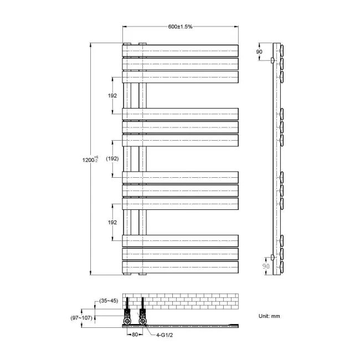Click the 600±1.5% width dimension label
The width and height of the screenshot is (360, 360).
pyautogui.click(x=181, y=27)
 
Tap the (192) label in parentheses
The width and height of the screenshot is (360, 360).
pyautogui.click(x=112, y=158)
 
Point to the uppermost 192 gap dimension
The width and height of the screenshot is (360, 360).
pyautogui.click(x=112, y=95)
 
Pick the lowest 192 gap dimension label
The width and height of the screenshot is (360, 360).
pyautogui.click(x=112, y=222)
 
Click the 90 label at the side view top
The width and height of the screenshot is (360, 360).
pyautogui.click(x=259, y=52)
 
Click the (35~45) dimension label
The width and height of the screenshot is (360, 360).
pyautogui.click(x=110, y=301)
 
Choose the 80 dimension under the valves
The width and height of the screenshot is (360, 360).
pyautogui.click(x=134, y=335)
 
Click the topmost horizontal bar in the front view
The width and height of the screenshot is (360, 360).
pyautogui.click(x=181, y=50)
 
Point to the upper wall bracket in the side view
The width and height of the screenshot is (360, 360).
pyautogui.click(x=272, y=59)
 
